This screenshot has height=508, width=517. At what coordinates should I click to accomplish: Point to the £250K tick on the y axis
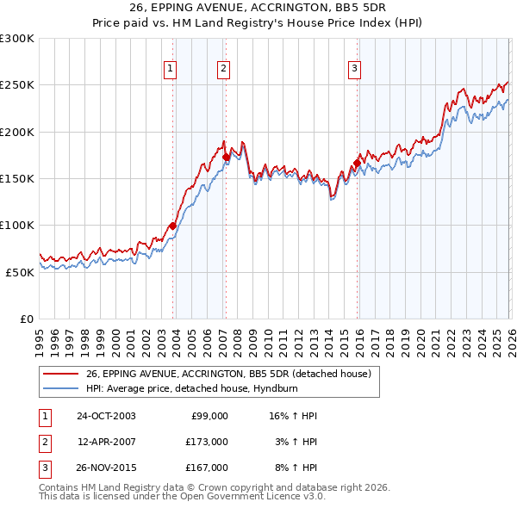click(17, 85)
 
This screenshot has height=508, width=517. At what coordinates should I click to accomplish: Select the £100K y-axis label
click(17, 225)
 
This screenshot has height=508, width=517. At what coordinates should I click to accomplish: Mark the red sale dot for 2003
click(173, 226)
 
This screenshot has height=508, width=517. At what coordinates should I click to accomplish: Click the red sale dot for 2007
click(226, 157)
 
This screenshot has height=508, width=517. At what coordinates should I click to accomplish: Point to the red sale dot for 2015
click(357, 163)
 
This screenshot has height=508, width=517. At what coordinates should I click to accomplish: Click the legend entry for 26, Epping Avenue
click(228, 374)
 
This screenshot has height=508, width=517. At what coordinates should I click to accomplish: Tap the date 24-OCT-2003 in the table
click(106, 416)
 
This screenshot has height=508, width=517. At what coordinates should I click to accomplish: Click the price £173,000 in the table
click(206, 442)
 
